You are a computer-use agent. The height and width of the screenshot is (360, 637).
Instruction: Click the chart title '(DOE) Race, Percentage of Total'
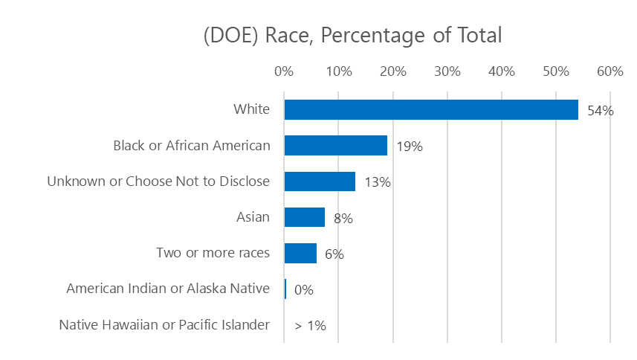tap(353, 36)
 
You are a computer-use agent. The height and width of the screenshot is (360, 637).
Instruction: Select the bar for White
tap(431, 110)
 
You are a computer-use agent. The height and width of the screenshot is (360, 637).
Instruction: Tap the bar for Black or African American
tap(336, 146)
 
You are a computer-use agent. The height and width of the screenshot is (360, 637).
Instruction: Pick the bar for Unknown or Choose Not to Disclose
tap(320, 181)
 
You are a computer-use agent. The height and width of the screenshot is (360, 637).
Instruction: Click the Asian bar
tap(305, 217)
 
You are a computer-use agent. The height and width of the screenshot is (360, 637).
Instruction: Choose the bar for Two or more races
tap(300, 254)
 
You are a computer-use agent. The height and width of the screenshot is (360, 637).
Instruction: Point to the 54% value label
tap(600, 111)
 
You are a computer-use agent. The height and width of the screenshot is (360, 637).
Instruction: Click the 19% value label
tap(409, 147)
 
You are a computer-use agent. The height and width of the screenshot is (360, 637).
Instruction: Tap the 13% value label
tap(377, 182)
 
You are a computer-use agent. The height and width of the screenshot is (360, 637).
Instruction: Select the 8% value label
tap(343, 219)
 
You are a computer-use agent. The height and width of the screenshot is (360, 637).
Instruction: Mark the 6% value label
tap(334, 254)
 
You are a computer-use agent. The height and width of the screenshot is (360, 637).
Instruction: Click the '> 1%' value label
tap(311, 326)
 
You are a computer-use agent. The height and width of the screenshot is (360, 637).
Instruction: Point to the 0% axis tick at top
tap(284, 71)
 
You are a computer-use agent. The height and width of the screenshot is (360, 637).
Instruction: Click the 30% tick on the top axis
tap(447, 71)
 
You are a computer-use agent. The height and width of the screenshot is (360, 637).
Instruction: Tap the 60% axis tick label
tap(610, 71)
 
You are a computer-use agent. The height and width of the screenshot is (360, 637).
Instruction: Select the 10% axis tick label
tap(338, 71)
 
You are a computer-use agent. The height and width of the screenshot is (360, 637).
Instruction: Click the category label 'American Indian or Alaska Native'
tap(168, 289)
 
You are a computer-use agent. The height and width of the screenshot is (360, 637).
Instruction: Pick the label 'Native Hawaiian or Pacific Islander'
tap(164, 325)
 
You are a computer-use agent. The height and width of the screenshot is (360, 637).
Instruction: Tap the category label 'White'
tap(251, 110)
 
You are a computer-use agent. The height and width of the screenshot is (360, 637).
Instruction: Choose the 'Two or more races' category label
tap(213, 253)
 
